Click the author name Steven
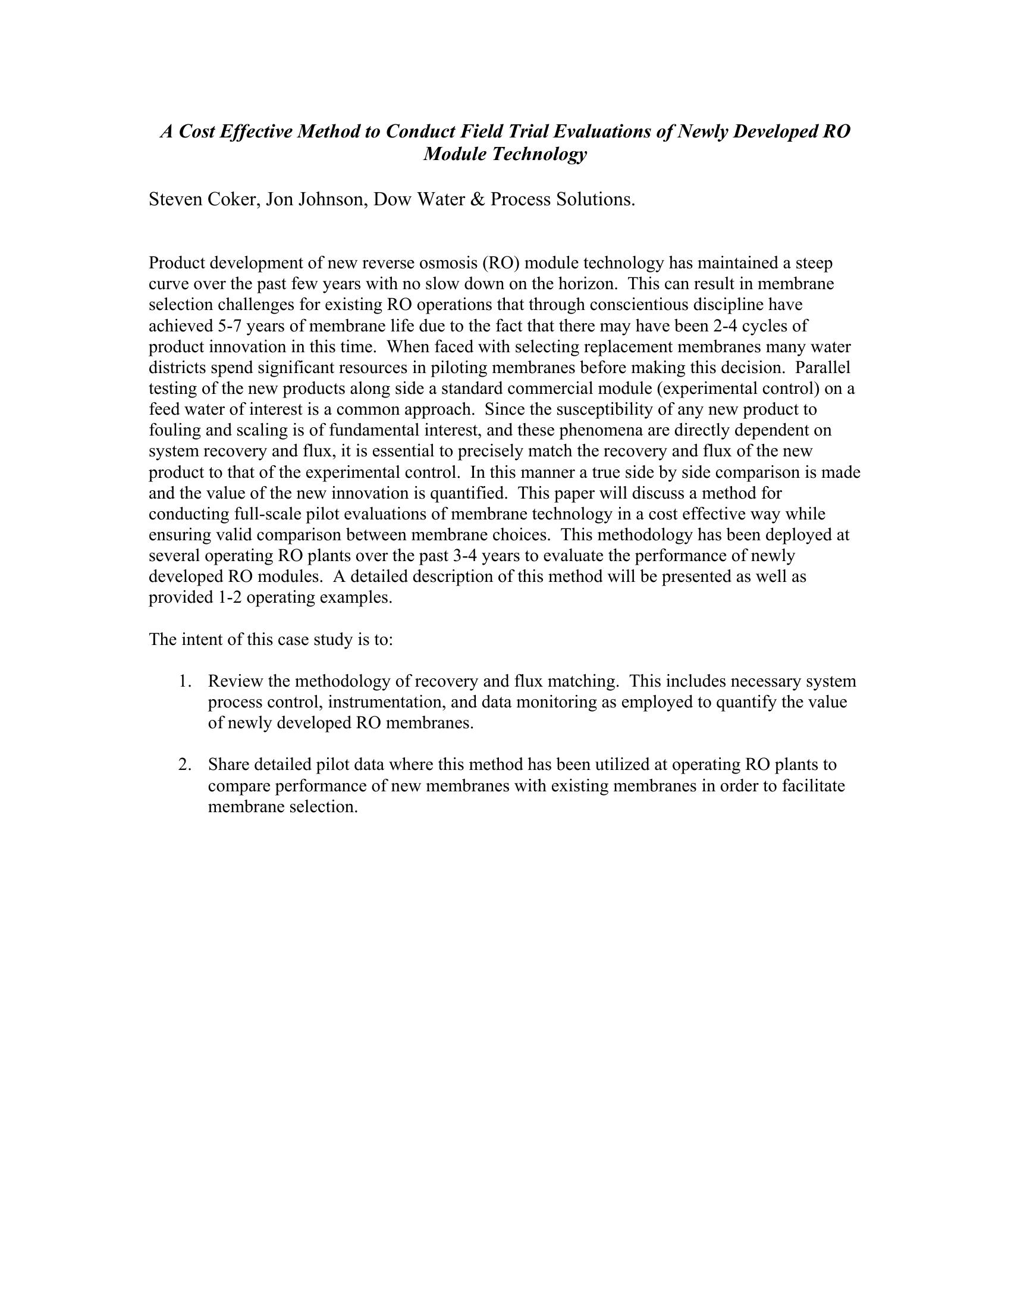click(175, 199)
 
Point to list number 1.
click(184, 681)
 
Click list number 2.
click(184, 765)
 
